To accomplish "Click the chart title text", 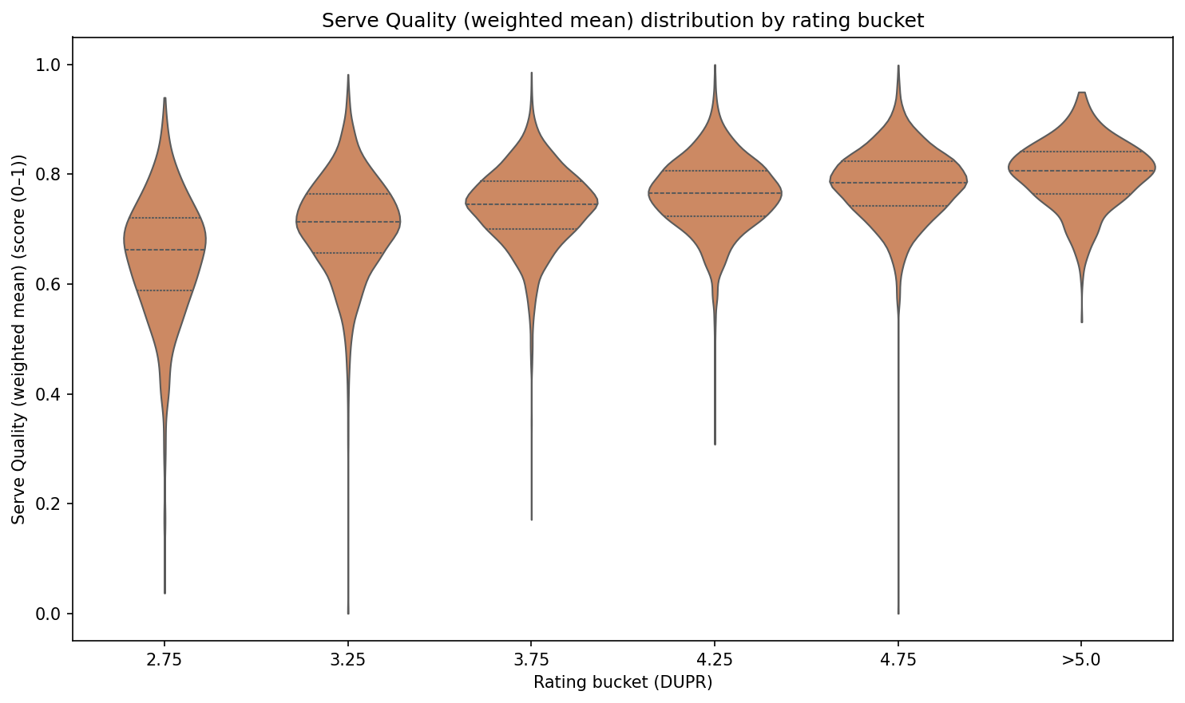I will coord(623,21).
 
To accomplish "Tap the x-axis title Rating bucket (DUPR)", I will coord(623,682).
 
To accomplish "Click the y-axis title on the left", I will coord(18,338).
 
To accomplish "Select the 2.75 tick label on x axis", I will coord(164,661).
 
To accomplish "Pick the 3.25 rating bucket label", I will coord(348,661).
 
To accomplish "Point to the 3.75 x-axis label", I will coord(531,661).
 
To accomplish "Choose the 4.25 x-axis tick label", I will coord(715,661).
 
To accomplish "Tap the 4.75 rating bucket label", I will coord(898,661).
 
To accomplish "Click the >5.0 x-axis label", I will coord(1081,661).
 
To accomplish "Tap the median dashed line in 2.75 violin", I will coord(164,250).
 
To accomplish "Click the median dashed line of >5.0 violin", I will coord(1081,171).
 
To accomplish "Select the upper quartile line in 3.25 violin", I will coord(348,194).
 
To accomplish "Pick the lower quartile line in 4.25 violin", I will coord(715,216).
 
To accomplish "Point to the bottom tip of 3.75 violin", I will coord(532,519).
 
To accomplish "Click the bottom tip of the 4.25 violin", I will coord(715,444).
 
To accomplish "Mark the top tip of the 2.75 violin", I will coord(164,99).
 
